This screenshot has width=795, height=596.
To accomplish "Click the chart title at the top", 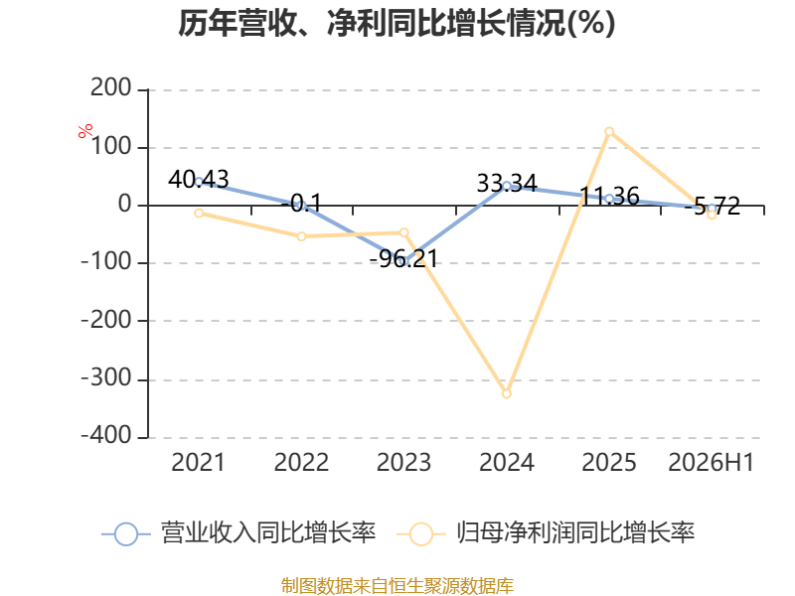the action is [397, 23].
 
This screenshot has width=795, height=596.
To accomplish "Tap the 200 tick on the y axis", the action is [111, 88].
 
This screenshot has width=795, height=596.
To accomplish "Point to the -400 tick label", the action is [106, 435].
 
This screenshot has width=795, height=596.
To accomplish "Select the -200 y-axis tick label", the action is [106, 320].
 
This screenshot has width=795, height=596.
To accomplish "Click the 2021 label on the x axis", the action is [198, 462].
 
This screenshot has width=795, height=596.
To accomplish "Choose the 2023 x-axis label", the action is [403, 462].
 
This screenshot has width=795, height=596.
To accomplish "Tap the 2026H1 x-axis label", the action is [712, 462].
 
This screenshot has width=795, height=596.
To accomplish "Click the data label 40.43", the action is [199, 180].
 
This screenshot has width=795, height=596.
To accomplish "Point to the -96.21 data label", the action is [403, 259].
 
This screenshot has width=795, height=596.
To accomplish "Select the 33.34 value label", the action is [507, 183].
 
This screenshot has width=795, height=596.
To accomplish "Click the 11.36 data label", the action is [609, 196].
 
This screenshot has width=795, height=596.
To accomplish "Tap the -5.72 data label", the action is [712, 207].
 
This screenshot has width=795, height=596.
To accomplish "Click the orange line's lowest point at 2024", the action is [507, 393].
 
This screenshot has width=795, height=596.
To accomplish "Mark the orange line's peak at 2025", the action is [609, 132].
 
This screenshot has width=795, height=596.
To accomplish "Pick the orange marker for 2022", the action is [302, 236].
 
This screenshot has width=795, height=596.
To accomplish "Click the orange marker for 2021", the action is [199, 214].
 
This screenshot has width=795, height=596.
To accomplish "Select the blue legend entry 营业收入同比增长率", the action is [238, 533].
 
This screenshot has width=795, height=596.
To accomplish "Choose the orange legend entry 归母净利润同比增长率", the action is [546, 533].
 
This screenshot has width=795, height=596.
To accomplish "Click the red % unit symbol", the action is [85, 131].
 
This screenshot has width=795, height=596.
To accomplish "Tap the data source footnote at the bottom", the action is [397, 586].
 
